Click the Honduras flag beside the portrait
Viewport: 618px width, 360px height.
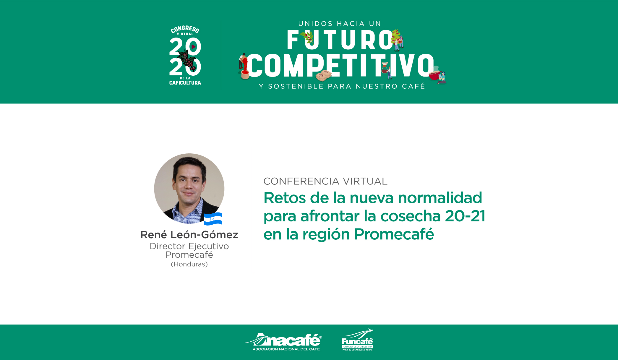pos(213,219)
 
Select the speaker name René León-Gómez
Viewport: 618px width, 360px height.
pos(189,235)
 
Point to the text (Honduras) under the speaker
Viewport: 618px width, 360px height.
pos(189,264)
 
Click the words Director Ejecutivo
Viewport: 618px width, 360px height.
pos(189,246)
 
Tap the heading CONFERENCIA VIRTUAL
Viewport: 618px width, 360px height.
pos(325,181)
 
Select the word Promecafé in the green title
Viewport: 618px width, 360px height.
pos(394,234)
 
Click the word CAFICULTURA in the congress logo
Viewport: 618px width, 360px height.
pos(185,83)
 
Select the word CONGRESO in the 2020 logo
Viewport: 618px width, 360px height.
pos(185,29)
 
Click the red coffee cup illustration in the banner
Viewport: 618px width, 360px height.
pos(434,75)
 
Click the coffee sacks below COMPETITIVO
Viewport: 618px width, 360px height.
pos(323,75)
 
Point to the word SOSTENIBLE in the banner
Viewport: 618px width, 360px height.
pos(296,86)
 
